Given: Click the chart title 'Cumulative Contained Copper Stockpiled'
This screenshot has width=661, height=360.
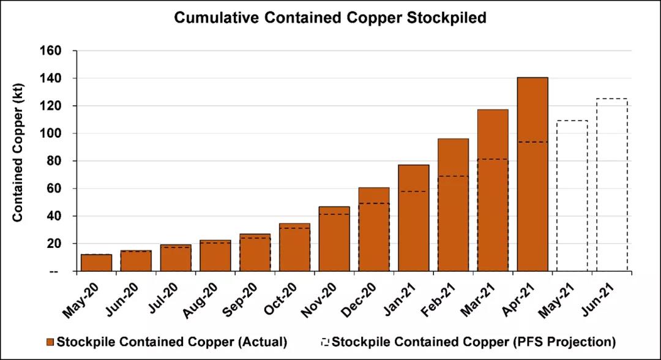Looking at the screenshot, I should click(330, 18).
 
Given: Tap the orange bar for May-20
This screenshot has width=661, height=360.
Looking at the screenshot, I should click(96, 263).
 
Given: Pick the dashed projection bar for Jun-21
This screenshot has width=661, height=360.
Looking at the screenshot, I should click(611, 184).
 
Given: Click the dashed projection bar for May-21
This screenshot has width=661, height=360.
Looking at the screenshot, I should click(572, 196).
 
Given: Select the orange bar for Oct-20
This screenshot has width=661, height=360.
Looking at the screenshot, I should click(294, 247).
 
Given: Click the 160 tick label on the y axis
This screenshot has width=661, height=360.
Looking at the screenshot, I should click(52, 51).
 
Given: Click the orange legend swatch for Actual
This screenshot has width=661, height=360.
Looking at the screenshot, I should click(50, 341).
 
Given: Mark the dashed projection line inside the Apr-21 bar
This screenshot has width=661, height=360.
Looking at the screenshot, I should click(532, 142).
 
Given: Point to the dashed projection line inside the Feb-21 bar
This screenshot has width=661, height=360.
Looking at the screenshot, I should click(453, 176).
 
